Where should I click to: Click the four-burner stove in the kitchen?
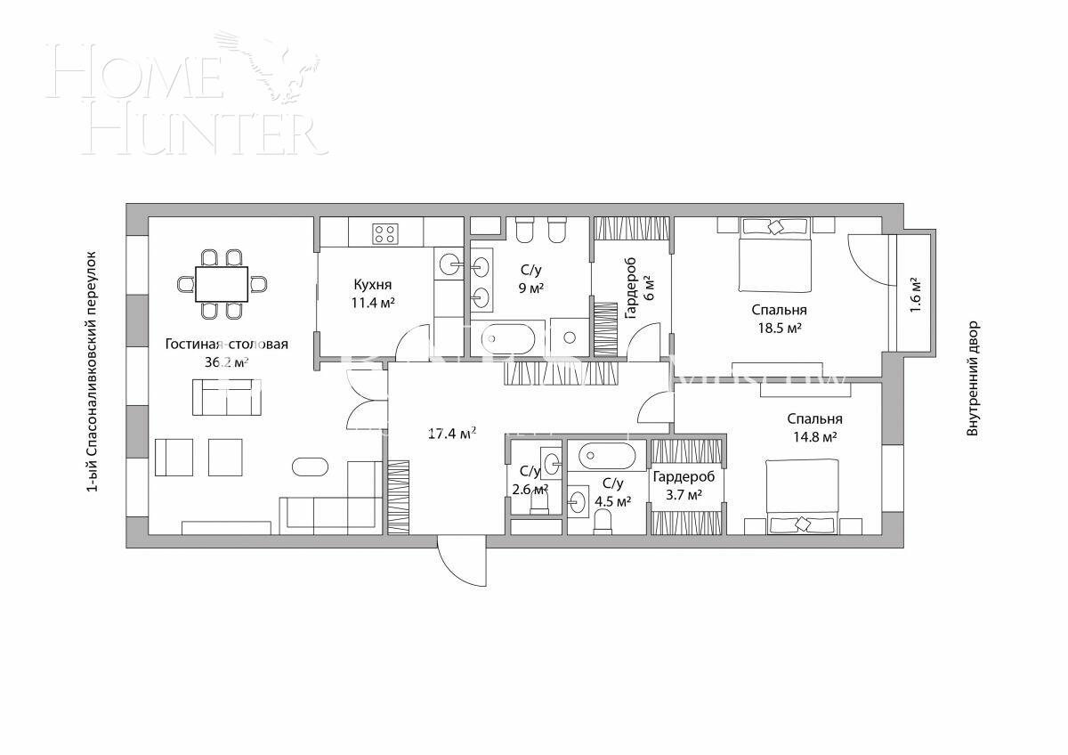(x=384, y=233)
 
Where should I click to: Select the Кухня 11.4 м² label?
(x=373, y=293)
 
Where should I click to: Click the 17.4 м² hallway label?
(x=451, y=434)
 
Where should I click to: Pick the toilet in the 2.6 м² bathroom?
(x=539, y=502)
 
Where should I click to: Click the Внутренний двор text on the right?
(x=973, y=377)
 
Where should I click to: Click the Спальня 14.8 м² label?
(x=814, y=427)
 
